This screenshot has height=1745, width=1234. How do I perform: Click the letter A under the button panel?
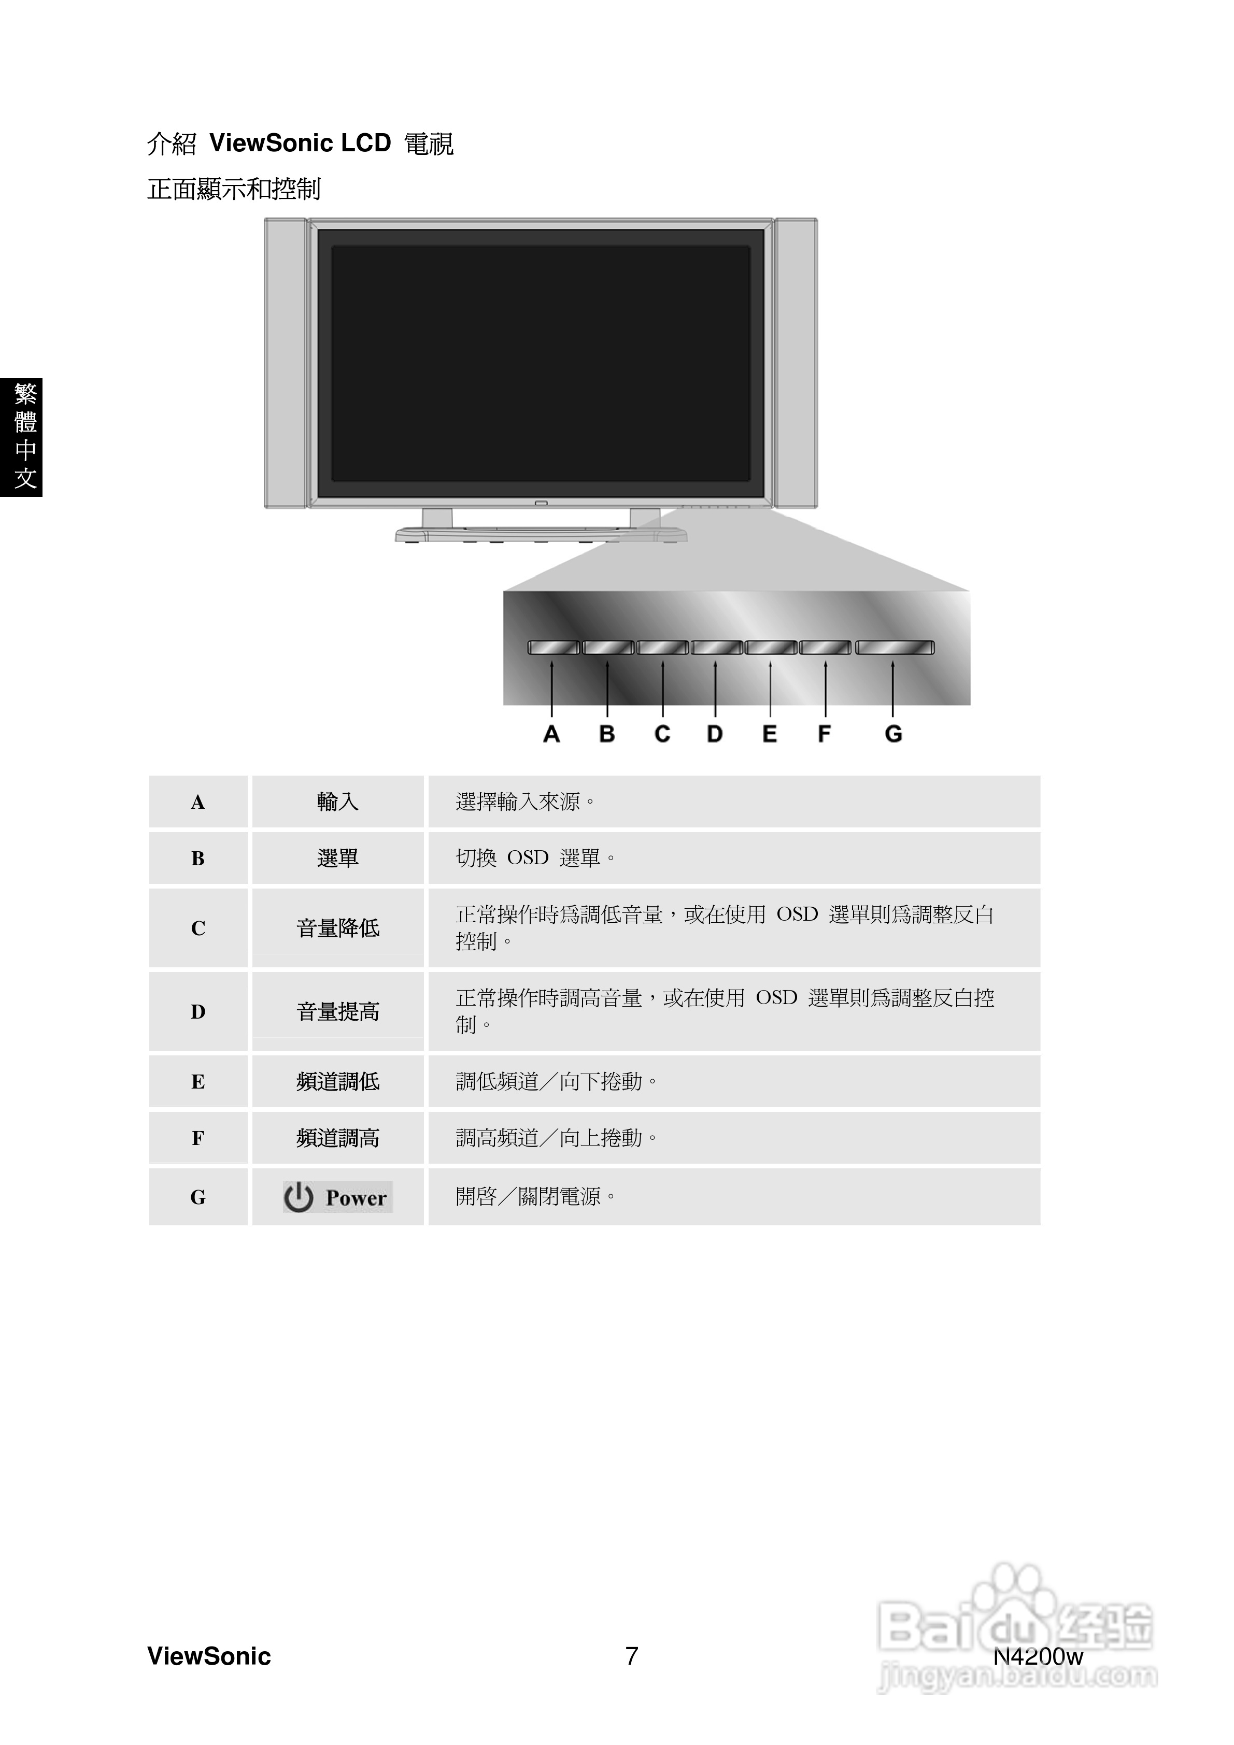point(551,734)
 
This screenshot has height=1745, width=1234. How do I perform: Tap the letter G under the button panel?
point(893,734)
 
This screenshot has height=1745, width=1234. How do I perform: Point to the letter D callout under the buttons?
point(715,734)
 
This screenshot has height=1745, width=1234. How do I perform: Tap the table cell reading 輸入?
point(337,802)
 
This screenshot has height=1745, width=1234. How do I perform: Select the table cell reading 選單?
point(337,858)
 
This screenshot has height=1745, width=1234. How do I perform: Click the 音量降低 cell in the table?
point(337,928)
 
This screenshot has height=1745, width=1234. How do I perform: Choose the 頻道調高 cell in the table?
point(337,1138)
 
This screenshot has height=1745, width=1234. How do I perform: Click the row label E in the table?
point(197,1081)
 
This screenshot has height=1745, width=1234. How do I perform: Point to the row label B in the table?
point(197,858)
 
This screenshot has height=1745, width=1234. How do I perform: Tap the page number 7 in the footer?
point(631,1656)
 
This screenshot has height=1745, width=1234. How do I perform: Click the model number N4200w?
point(1038,1656)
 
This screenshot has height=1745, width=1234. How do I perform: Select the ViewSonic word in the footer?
point(209,1656)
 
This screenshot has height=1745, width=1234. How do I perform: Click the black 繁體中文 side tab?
point(21,437)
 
